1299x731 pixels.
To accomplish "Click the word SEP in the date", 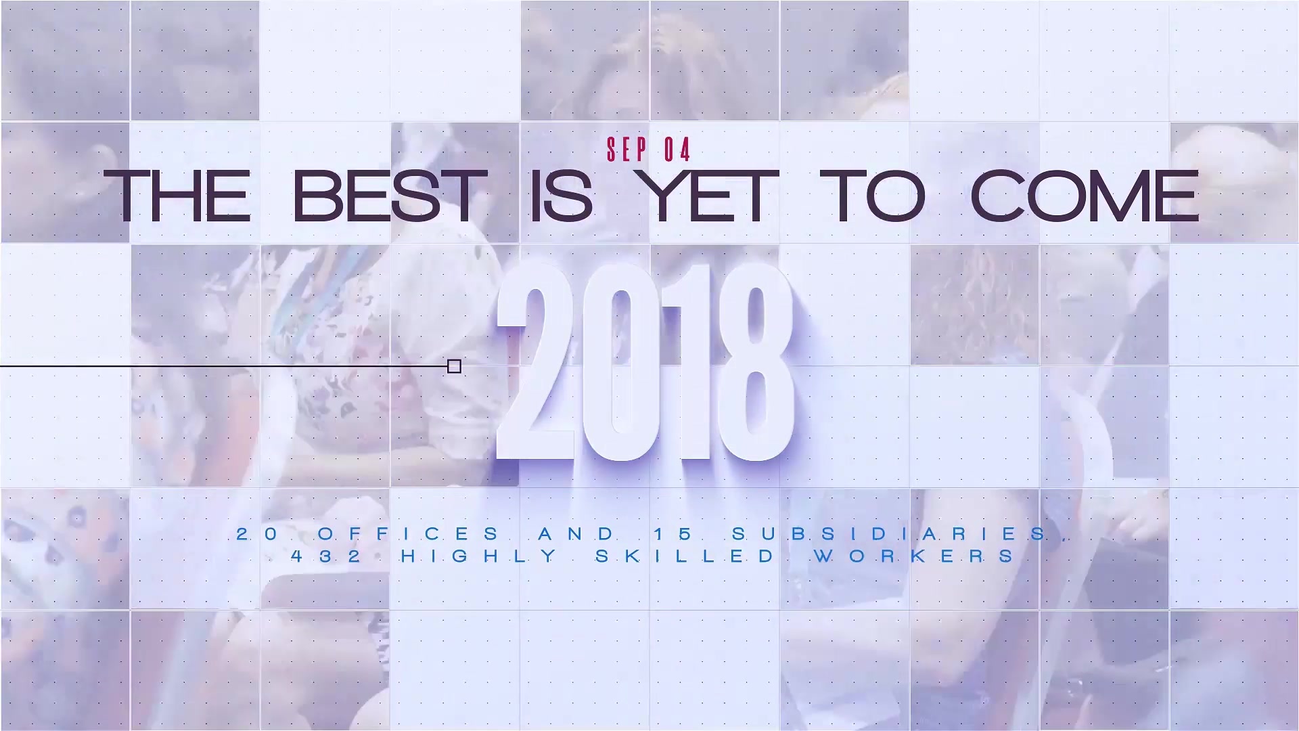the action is point(627,150).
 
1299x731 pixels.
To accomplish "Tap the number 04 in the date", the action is point(677,150).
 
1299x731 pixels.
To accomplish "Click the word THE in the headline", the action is point(177,196).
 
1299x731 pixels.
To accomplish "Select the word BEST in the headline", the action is point(390,196).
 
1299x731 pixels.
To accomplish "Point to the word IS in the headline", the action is point(562,196).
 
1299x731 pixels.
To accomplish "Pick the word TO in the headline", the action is point(873,196).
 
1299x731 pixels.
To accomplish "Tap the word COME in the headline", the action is point(1085,196).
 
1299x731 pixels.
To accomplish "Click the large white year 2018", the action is point(645,362).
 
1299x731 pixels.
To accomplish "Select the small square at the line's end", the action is point(455,366).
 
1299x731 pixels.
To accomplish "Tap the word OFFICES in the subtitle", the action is point(409,534).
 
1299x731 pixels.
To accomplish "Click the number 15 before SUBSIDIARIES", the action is point(674,534).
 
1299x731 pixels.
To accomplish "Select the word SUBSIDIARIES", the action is point(890,534).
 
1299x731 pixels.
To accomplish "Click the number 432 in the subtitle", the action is point(327,556).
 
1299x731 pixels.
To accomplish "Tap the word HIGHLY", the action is point(479,556).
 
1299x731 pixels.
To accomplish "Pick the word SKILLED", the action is point(685,556).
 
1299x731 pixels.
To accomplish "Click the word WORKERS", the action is point(914,556).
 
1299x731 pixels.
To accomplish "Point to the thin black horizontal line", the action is point(224,366).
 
